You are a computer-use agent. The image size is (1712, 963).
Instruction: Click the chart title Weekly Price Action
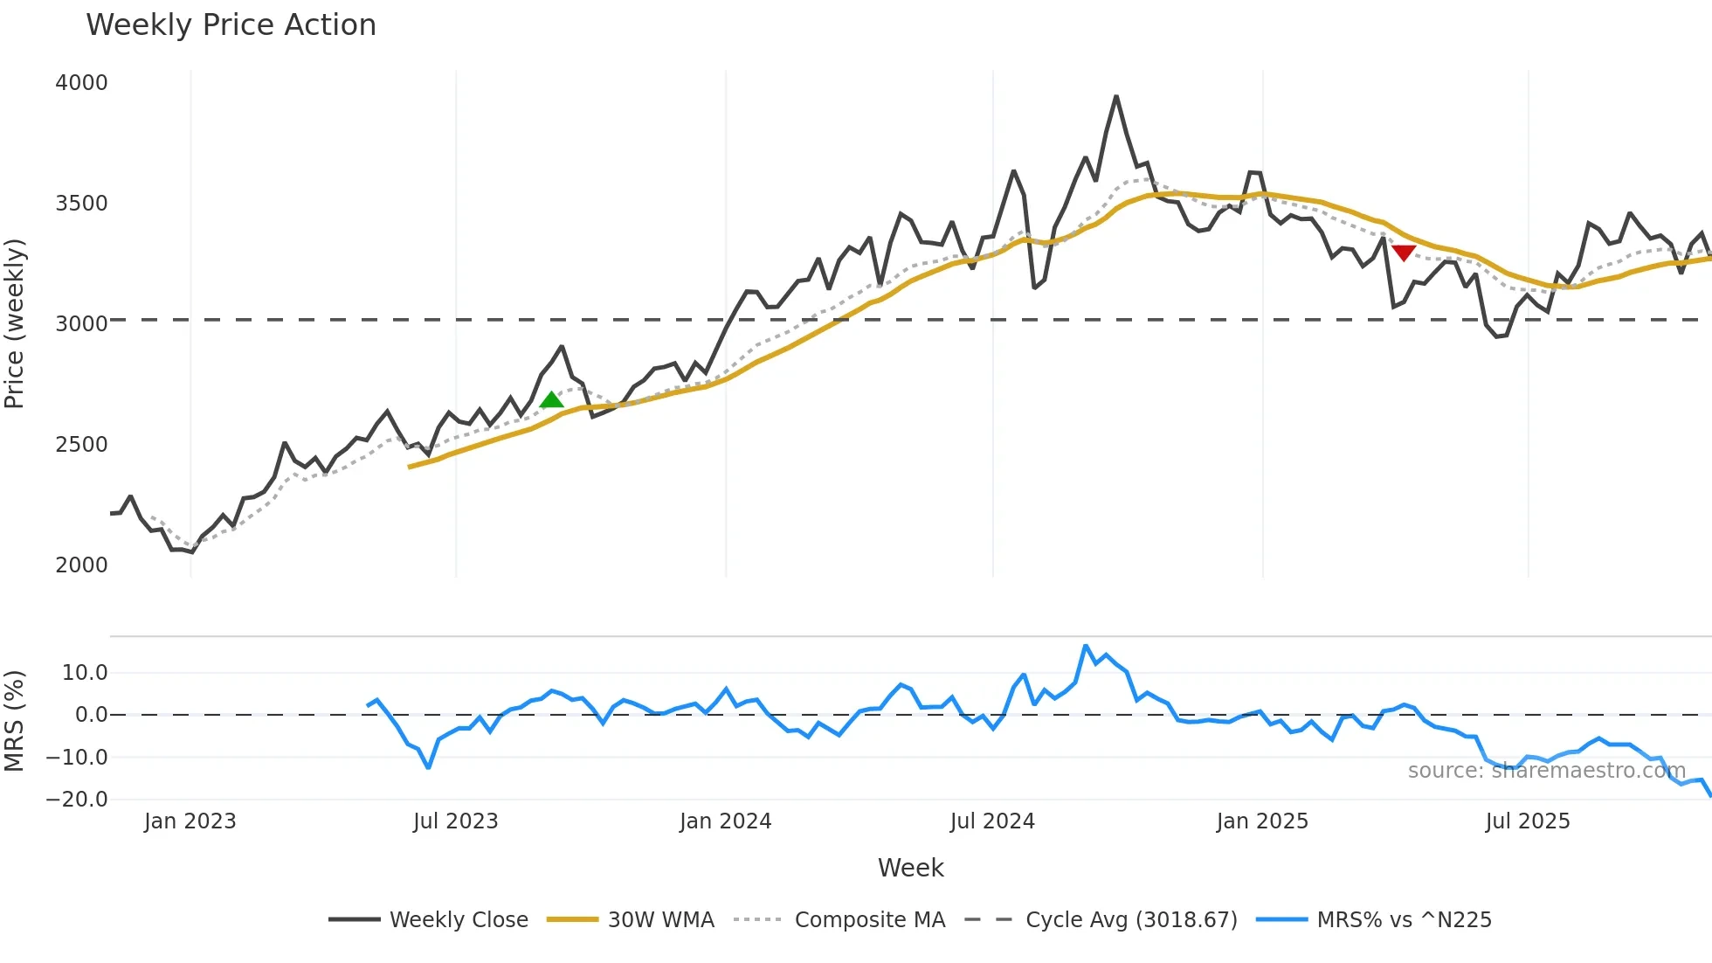pyautogui.click(x=231, y=25)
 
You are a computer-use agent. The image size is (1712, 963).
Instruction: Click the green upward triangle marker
pyautogui.click(x=551, y=400)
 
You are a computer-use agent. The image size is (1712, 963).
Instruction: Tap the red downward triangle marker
pyautogui.click(x=1404, y=253)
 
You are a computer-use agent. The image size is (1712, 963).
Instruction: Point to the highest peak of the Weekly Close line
pyautogui.click(x=1116, y=97)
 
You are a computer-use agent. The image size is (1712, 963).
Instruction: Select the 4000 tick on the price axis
pyautogui.click(x=81, y=83)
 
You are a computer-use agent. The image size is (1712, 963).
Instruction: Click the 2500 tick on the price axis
pyautogui.click(x=81, y=445)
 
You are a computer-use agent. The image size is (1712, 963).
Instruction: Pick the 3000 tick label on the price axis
pyautogui.click(x=81, y=324)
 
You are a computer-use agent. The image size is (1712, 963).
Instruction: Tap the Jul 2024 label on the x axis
pyautogui.click(x=992, y=821)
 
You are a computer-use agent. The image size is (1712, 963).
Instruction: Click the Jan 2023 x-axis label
pyautogui.click(x=190, y=821)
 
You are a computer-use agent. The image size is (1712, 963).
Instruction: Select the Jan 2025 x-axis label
pyautogui.click(x=1262, y=821)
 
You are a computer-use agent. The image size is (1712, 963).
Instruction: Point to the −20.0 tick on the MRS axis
pyautogui.click(x=77, y=800)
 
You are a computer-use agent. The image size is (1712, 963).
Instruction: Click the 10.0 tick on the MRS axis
pyautogui.click(x=85, y=673)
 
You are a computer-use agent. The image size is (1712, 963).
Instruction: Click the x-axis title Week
pyautogui.click(x=910, y=868)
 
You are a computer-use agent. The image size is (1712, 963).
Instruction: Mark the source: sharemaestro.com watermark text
pyautogui.click(x=1546, y=771)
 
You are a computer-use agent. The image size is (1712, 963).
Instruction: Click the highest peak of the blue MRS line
pyautogui.click(x=1086, y=647)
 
